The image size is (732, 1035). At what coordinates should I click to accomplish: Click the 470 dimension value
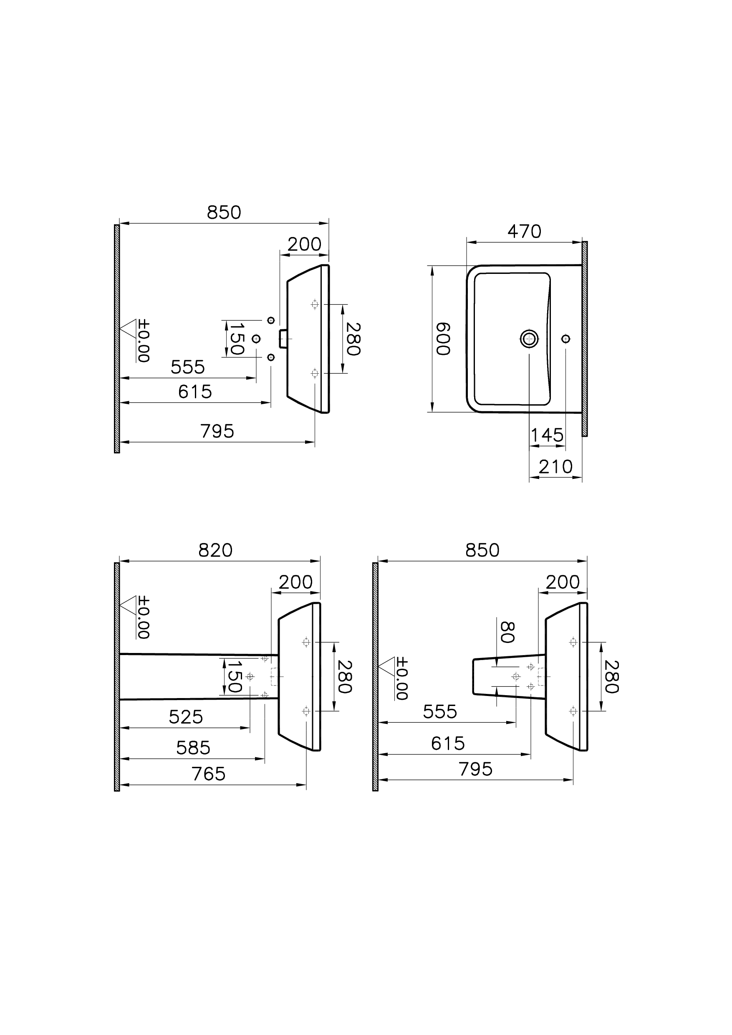pos(524,232)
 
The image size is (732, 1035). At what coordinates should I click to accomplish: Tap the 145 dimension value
pos(547,435)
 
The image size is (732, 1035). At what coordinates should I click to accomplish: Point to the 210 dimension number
pos(555,467)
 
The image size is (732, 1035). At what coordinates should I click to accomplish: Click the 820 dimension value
pos(215,551)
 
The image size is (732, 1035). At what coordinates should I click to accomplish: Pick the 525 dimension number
pos(186,717)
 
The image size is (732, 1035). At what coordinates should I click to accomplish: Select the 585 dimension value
pos(193,748)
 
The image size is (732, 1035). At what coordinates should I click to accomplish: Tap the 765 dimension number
pos(208,774)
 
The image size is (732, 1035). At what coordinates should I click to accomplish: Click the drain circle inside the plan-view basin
pos(529,338)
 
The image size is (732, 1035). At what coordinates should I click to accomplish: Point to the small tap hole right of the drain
pos(566,338)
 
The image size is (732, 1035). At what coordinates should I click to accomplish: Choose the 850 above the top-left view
pos(224,213)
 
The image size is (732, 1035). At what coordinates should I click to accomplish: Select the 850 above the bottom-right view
pos(482,551)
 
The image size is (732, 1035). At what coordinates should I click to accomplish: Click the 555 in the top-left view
pos(187,367)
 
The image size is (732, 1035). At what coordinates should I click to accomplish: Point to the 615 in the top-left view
pos(195,392)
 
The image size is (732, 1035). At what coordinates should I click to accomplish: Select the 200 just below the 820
pos(296,583)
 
